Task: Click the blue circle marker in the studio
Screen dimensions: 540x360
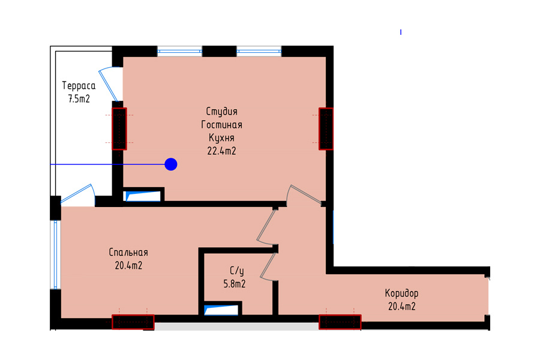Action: pyautogui.click(x=171, y=164)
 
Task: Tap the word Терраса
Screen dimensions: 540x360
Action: pyautogui.click(x=79, y=86)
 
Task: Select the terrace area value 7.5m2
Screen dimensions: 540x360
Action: pyautogui.click(x=79, y=99)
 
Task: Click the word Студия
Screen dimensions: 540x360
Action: pyautogui.click(x=222, y=112)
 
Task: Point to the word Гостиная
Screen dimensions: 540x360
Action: pyautogui.click(x=222, y=124)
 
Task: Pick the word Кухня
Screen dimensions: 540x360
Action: pyautogui.click(x=222, y=138)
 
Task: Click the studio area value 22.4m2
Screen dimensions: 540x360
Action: pyautogui.click(x=222, y=151)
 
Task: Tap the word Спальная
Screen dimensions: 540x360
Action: pyautogui.click(x=128, y=253)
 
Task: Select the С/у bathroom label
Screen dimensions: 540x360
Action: pyautogui.click(x=237, y=271)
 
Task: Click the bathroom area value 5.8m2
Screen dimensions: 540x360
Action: pyautogui.click(x=235, y=284)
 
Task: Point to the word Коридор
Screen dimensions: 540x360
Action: pyautogui.click(x=401, y=293)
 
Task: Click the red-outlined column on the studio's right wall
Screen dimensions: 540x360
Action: pyautogui.click(x=326, y=129)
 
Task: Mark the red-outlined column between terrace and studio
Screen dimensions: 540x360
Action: pyautogui.click(x=119, y=129)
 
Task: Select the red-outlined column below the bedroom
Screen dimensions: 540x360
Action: pyautogui.click(x=133, y=322)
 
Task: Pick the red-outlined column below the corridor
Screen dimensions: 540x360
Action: pyautogui.click(x=340, y=322)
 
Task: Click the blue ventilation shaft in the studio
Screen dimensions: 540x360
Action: pyautogui.click(x=143, y=196)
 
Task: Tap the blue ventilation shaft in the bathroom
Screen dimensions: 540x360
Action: pyautogui.click(x=221, y=310)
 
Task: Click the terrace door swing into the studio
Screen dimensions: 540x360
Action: pyautogui.click(x=110, y=84)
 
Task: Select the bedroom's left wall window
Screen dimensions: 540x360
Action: pyautogui.click(x=55, y=254)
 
